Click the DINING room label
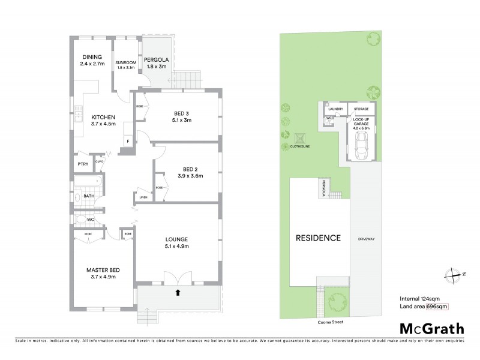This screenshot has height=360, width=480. [92, 57]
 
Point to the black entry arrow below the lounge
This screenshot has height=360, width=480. [178, 293]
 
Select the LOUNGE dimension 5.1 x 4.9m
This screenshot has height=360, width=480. [177, 246]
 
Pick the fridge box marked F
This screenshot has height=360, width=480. [127, 142]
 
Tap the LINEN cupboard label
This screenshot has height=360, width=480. [143, 197]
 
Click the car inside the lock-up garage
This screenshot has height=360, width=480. [362, 145]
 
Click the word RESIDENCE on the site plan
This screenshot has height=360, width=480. [318, 238]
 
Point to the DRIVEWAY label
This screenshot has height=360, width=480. [366, 239]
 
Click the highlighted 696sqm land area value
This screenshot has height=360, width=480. [437, 307]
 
